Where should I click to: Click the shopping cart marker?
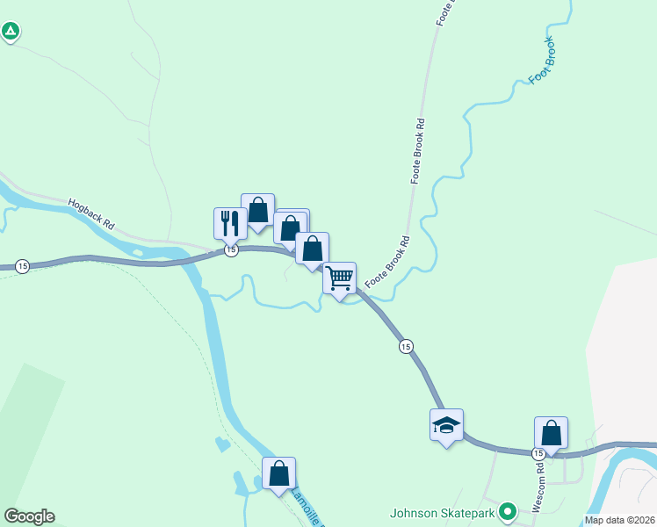(x=339, y=278)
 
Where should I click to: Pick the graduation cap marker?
(x=446, y=425)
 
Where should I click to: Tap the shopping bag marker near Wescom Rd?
(x=551, y=432)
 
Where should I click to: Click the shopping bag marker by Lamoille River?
(x=278, y=473)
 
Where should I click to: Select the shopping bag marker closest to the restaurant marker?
(x=257, y=209)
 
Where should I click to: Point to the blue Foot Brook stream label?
(x=543, y=61)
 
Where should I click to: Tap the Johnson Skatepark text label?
(x=442, y=512)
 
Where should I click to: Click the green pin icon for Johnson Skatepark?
(x=507, y=511)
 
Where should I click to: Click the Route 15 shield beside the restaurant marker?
(x=230, y=250)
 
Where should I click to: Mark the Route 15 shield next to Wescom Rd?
(x=538, y=453)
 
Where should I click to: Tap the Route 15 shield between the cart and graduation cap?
(x=405, y=347)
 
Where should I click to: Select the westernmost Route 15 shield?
(x=23, y=266)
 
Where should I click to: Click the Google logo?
(x=29, y=516)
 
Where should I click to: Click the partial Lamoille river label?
(x=307, y=507)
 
